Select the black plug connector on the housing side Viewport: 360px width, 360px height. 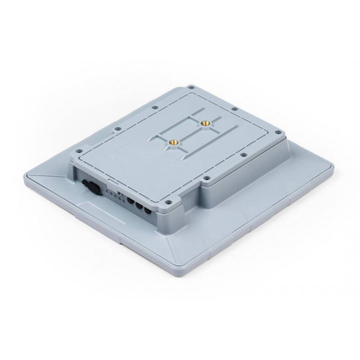(89, 186)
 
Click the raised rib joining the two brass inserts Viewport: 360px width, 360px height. (189, 132)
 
